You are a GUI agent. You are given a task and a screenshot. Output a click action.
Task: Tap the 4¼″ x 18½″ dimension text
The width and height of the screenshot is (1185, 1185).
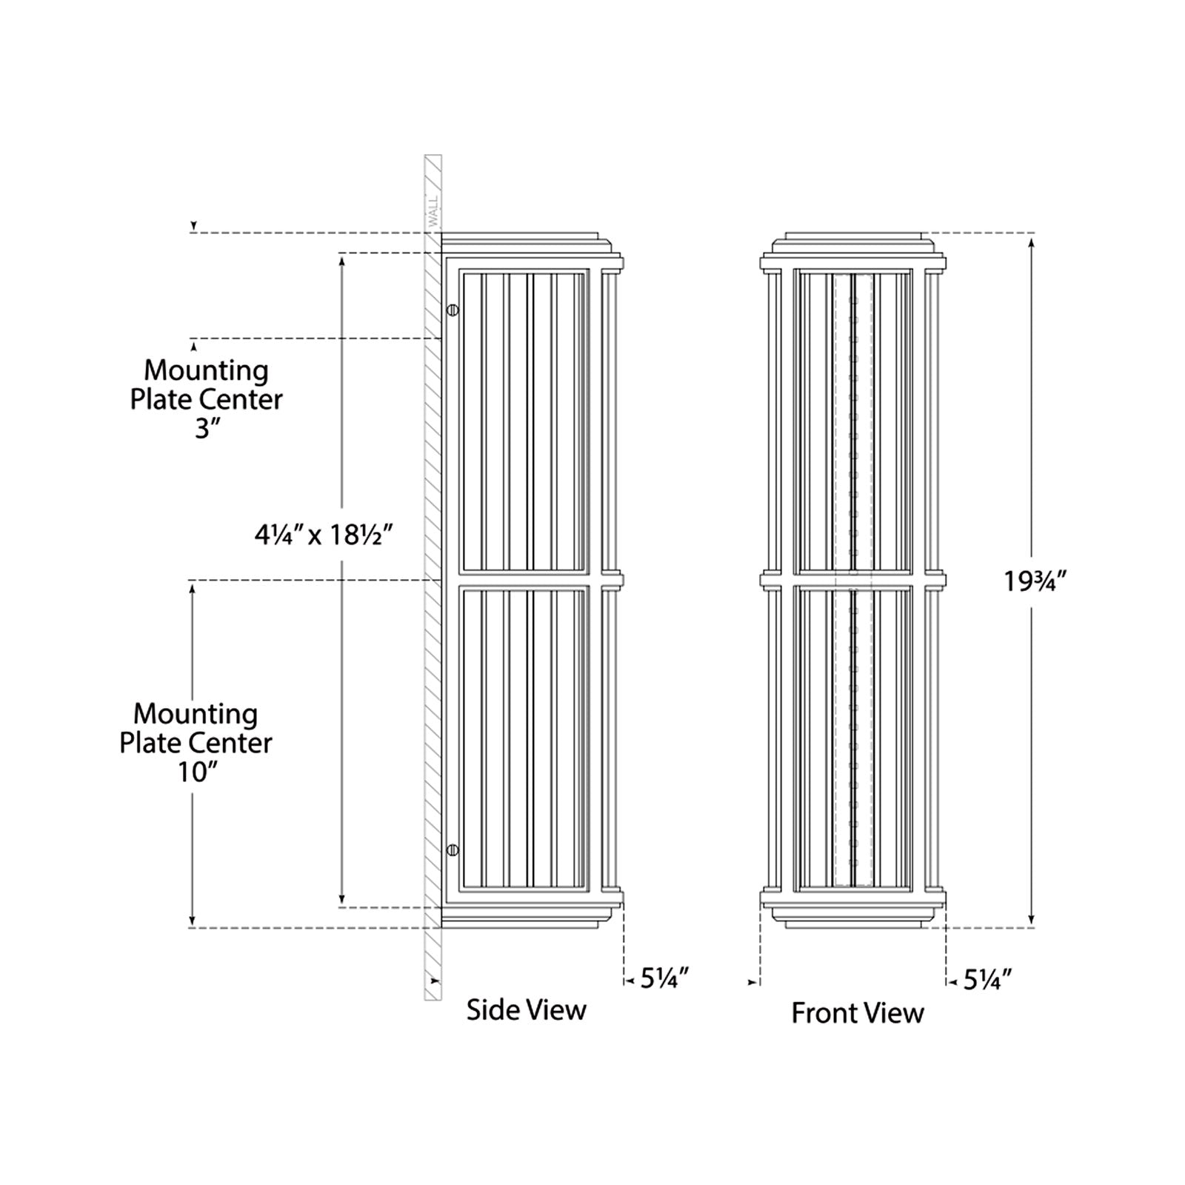pos(323,534)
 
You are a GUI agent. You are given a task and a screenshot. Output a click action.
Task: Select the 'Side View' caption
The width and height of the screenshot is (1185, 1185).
pos(526,1009)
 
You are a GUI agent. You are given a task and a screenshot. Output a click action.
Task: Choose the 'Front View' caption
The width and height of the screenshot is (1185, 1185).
pos(857,1012)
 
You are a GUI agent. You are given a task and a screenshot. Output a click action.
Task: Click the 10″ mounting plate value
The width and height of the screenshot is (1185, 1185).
pos(196,772)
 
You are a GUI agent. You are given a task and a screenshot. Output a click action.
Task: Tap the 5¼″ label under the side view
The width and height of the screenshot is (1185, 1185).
pos(664,979)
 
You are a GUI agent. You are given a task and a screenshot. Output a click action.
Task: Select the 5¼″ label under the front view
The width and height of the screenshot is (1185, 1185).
pos(987,981)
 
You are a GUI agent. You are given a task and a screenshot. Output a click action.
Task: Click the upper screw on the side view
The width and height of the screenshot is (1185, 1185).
pos(453,310)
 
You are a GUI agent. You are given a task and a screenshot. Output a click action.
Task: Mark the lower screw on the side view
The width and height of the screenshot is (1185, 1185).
pos(453,849)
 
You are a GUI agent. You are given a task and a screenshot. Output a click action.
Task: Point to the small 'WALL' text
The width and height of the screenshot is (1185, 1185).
pos(433,210)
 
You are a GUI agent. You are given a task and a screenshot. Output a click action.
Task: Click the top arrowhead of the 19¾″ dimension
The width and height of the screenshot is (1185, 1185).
pos(1032,241)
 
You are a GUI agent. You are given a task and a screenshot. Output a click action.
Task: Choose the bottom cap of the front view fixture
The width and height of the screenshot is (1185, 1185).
pos(854,918)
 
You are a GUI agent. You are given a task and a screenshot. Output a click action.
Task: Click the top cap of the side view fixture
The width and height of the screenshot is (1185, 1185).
pos(522,241)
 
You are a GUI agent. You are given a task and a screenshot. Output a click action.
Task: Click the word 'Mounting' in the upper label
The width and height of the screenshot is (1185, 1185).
pos(206,370)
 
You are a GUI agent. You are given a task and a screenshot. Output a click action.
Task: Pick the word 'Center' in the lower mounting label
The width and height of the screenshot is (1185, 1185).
pos(236,743)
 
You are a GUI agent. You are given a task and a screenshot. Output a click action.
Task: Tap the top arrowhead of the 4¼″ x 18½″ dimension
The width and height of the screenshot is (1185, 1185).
pos(342,260)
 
